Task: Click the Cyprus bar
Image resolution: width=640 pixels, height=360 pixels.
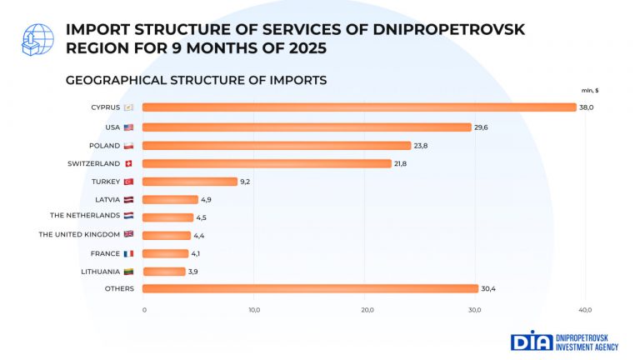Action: point(359,107)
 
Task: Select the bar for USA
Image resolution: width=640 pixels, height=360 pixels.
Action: point(307,127)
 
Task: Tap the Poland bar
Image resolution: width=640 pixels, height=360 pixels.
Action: point(277,146)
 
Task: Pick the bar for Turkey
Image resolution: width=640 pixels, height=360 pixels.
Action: point(190,182)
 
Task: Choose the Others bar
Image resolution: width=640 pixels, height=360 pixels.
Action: point(310,289)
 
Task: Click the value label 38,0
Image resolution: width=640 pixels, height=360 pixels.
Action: point(587,107)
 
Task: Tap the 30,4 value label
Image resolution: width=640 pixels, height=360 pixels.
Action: point(489,289)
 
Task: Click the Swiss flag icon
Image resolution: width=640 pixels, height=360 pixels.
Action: point(128,164)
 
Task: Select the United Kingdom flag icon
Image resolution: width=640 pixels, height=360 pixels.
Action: point(128,235)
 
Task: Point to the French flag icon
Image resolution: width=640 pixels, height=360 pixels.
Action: point(128,253)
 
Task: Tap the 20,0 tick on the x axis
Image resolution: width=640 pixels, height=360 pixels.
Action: point(364,310)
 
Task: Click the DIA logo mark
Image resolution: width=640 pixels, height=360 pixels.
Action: point(531,341)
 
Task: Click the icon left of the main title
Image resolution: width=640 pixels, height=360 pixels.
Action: point(34,38)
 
